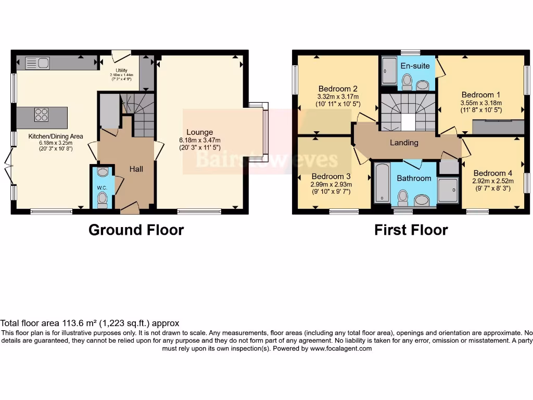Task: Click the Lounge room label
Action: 200,132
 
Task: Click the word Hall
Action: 136,169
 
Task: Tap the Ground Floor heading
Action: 136,230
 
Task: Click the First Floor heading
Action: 411,230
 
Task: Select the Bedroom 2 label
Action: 337,89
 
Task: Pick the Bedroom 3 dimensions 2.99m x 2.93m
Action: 331,184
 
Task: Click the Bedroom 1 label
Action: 481,95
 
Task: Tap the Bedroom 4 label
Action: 492,173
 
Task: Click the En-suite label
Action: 415,66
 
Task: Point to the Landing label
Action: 404,142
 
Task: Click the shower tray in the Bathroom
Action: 448,190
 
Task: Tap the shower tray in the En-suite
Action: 389,71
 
